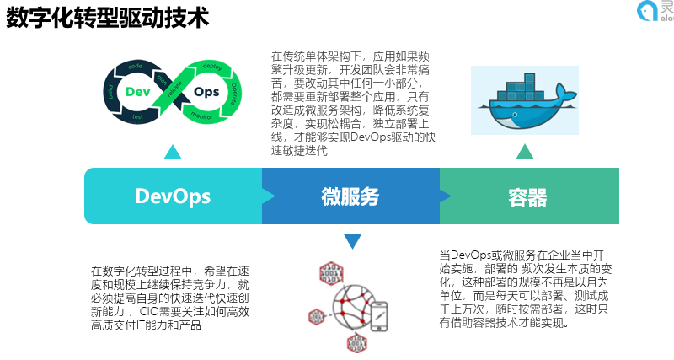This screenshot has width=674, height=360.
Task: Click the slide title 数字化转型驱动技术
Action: pyautogui.click(x=108, y=19)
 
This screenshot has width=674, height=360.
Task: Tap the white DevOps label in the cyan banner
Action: pyautogui.click(x=173, y=197)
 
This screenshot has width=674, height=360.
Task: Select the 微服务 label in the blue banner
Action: pyautogui.click(x=350, y=197)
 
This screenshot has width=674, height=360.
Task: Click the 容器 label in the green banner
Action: pyautogui.click(x=528, y=197)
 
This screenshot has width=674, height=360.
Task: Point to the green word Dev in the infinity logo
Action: pyautogui.click(x=138, y=90)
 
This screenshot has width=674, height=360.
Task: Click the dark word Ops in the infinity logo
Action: pyautogui.click(x=206, y=90)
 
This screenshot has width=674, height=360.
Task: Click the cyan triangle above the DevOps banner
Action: pyautogui.click(x=173, y=152)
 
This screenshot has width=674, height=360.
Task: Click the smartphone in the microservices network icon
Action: pyautogui.click(x=379, y=316)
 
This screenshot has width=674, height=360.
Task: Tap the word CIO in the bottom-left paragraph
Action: pyautogui.click(x=150, y=311)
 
